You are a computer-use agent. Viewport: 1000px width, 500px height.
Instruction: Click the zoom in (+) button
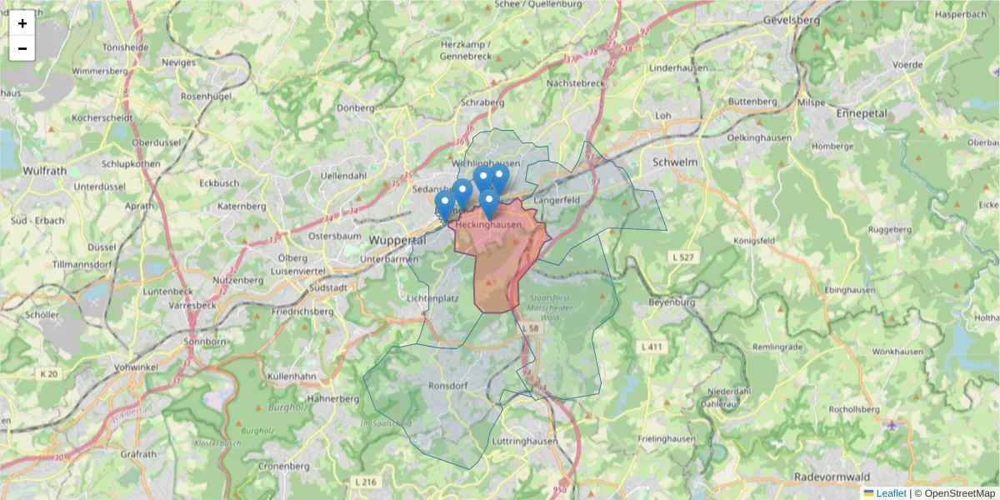(x=22, y=23)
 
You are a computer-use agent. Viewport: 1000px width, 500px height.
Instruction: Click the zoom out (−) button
(x=22, y=48)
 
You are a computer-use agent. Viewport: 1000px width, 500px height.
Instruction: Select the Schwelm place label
(x=676, y=162)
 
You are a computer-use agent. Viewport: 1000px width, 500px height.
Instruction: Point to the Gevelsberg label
(x=791, y=19)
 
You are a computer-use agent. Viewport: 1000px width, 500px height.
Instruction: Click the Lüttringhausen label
(x=524, y=439)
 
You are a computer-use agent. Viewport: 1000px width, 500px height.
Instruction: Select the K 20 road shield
(x=48, y=374)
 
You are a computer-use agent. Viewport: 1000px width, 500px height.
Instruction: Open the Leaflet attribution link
(x=890, y=493)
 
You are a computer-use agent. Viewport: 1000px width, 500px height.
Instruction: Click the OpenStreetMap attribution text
(x=955, y=493)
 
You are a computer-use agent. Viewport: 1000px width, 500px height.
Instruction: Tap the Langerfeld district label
(x=557, y=201)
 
